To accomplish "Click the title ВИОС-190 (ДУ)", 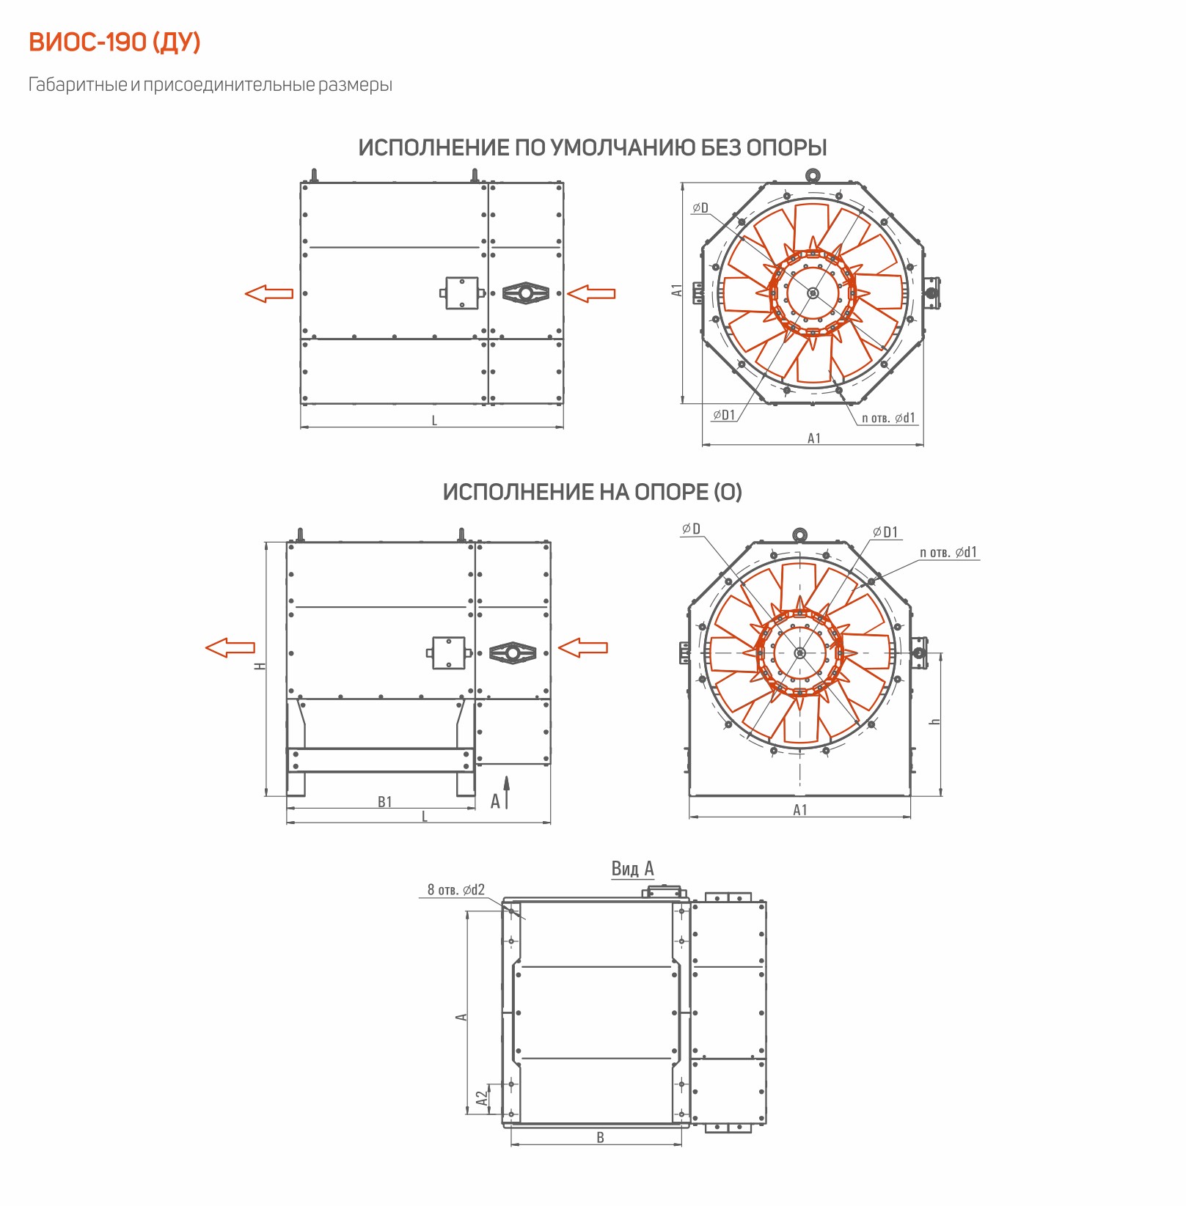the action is (114, 43).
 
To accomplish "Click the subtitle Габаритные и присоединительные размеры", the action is (211, 85).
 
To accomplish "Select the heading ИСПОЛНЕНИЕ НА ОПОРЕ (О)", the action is (592, 492).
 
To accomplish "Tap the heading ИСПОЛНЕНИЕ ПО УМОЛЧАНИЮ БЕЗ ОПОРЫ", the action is (593, 147).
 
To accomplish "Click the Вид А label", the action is (633, 869).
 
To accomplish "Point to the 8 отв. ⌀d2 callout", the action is (456, 890).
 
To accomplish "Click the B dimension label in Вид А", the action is (601, 1138).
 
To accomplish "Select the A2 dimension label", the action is (482, 1097).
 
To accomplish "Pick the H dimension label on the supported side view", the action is (260, 666).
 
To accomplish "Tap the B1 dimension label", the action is (385, 802).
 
